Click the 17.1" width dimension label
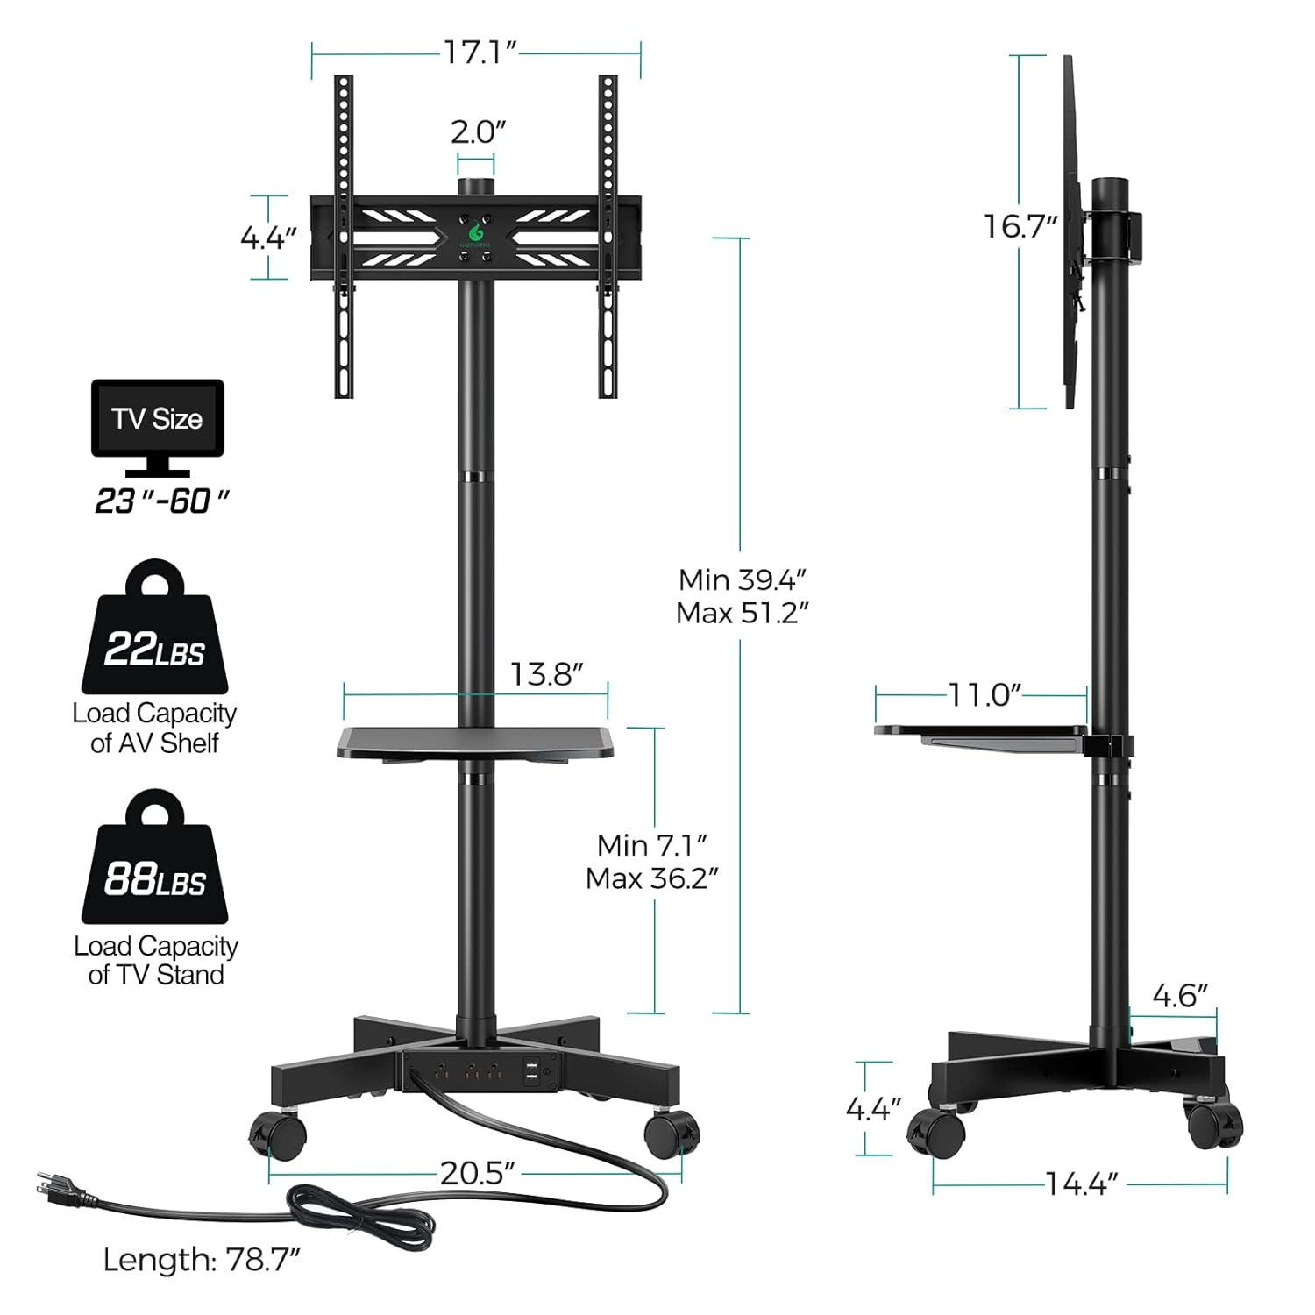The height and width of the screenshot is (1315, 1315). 479,53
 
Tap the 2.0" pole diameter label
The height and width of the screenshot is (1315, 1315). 478,132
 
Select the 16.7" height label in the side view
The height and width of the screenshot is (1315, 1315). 1020,226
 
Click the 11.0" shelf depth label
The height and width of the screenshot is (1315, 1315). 985,695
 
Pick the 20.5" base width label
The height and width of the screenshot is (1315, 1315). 477,1173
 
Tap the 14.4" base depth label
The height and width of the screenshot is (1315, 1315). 1082,1184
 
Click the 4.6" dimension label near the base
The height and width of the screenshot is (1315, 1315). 1179,996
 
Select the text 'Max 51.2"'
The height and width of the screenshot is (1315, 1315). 742,613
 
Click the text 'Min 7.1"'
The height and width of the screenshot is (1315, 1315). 652,845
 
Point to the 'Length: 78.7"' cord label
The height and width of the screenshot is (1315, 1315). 202,1260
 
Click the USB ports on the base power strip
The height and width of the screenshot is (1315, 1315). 531,1071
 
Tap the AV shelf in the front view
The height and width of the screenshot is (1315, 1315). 475,743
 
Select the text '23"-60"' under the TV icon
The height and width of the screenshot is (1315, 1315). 162,501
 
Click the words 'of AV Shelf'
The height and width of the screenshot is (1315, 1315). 154,743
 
